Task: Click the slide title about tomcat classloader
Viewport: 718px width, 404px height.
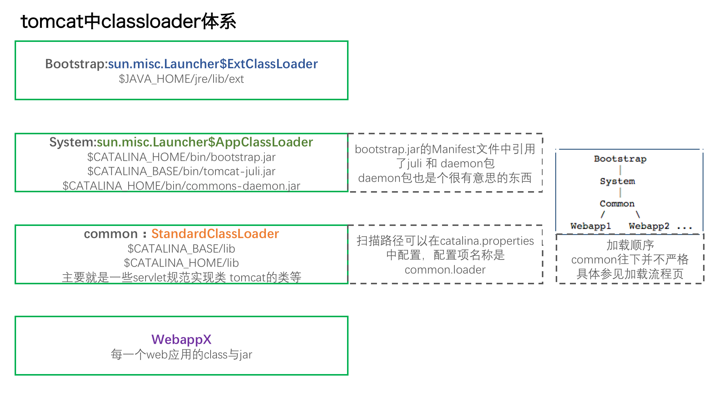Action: coord(128,21)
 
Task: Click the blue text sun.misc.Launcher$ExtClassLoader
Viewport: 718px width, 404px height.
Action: coord(213,64)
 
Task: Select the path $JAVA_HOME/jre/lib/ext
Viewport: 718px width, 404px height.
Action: coord(181,79)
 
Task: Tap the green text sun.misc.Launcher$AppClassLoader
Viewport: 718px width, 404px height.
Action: coord(205,142)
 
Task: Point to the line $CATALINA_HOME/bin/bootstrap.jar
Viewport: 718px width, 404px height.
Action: coord(181,157)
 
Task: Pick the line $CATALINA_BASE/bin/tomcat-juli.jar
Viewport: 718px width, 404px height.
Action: coord(181,171)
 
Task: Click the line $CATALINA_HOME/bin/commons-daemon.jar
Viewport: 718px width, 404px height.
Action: coord(181,186)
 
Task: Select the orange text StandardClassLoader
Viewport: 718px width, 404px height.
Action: coord(215,234)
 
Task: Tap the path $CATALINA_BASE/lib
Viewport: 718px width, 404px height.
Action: coord(181,249)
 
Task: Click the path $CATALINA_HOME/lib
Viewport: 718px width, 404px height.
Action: coord(181,263)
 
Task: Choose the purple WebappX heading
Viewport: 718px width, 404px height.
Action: coord(181,340)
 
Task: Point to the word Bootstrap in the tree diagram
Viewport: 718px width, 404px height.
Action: coord(620,159)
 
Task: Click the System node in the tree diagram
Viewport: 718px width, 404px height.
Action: coord(617,181)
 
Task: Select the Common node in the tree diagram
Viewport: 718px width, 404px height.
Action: coord(617,204)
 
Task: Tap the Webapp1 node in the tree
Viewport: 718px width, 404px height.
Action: coord(590,226)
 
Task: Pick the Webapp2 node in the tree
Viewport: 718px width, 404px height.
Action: coord(649,226)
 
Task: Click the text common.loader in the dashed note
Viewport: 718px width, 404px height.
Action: coord(445,270)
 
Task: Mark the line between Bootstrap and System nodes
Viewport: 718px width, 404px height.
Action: coord(620,170)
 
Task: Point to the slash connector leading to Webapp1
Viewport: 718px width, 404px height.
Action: coord(602,215)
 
